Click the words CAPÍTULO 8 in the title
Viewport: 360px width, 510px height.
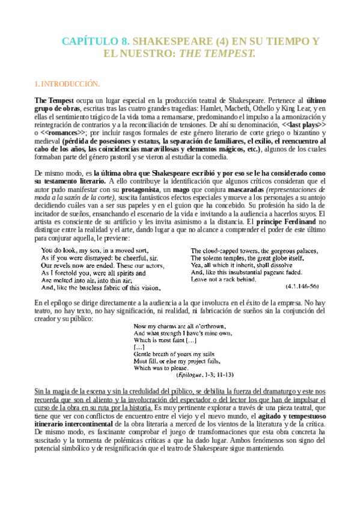96,41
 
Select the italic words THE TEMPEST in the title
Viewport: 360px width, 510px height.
218,54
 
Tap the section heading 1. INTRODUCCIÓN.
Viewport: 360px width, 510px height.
66,84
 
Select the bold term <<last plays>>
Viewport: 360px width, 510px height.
303,124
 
